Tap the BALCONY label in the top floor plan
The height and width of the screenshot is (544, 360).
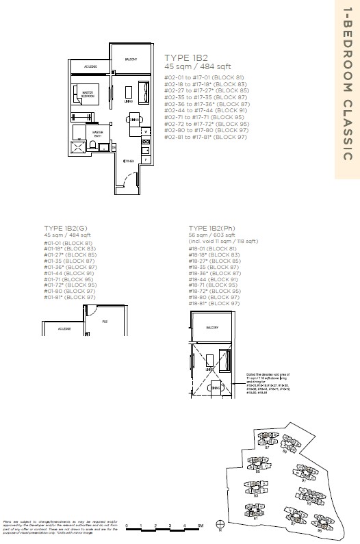coord(130,60)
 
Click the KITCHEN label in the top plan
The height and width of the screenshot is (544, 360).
coord(127,161)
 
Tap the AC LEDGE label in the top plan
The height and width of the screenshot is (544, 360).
coord(90,67)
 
